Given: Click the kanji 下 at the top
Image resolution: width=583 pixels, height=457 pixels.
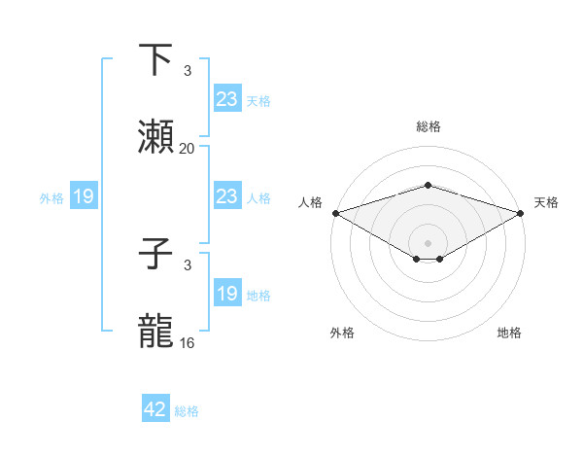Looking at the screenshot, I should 156,60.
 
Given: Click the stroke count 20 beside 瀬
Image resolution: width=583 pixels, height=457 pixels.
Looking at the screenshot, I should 188,149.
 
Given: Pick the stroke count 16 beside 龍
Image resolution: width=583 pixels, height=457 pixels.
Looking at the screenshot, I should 188,343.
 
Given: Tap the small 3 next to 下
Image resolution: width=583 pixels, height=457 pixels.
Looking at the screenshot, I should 188,71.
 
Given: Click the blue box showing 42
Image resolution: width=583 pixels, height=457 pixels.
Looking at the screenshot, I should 155,409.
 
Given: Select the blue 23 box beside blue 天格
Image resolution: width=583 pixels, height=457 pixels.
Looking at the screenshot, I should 226,99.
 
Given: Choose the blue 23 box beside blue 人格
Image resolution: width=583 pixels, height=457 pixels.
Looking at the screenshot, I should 226,196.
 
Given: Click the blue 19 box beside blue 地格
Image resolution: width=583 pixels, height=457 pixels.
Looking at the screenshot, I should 226,294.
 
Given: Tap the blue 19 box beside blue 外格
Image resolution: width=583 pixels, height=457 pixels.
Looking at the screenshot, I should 84,196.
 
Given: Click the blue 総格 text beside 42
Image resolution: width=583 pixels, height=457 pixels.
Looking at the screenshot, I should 187,411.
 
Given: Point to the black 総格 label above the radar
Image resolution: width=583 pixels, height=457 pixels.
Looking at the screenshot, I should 428,126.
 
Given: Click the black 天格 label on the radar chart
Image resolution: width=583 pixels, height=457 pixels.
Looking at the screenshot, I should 546,202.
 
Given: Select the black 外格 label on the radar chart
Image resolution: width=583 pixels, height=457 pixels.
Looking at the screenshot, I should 342,333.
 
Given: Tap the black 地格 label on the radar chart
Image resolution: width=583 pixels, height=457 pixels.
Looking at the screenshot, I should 509,333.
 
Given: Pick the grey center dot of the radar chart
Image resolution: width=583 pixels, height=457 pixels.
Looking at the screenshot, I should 428,242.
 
